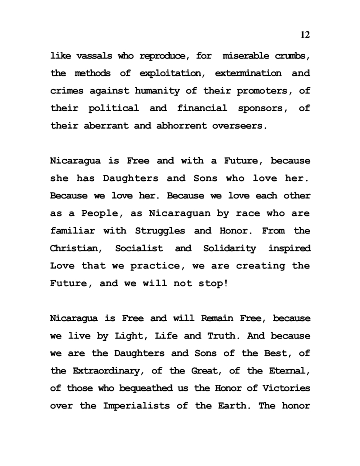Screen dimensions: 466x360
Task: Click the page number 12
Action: coord(305,35)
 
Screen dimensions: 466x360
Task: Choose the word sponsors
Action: coord(262,108)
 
